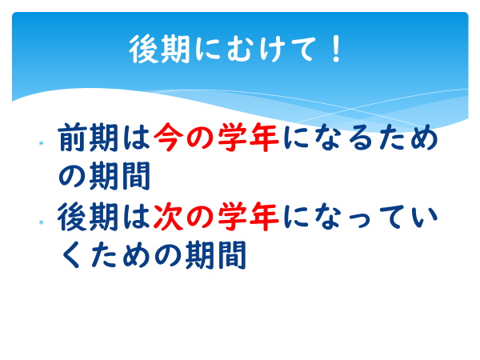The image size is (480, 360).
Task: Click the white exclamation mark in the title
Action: [x=336, y=49]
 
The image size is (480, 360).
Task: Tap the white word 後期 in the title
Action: [x=160, y=49]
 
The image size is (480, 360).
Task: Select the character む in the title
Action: [x=240, y=49]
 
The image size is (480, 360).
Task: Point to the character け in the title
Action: [x=271, y=49]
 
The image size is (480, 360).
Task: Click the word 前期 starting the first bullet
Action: [x=88, y=138]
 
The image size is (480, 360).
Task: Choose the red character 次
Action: [x=168, y=217]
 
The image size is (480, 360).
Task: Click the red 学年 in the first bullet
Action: [x=248, y=138]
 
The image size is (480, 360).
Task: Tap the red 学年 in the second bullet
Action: [x=248, y=217]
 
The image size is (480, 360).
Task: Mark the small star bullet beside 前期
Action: [x=41, y=143]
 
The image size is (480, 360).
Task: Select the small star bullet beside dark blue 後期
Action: [x=41, y=222]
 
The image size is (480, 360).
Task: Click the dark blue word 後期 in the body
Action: [x=88, y=217]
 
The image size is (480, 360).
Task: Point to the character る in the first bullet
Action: [x=360, y=138]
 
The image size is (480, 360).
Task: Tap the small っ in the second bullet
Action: [x=360, y=219]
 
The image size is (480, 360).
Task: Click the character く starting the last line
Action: [x=72, y=254]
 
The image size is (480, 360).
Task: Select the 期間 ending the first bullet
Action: [x=119, y=176]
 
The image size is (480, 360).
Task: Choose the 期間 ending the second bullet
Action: [x=216, y=254]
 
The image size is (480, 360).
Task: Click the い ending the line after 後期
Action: [x=425, y=218]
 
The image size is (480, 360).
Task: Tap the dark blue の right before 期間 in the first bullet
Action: [x=72, y=177]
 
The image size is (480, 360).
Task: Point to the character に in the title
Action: [x=207, y=49]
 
